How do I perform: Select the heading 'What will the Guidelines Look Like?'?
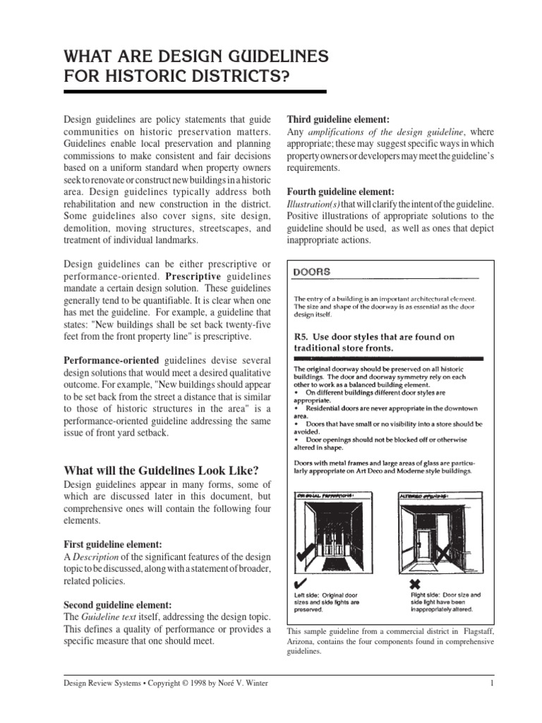(x=161, y=471)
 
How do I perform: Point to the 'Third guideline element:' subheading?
(x=337, y=119)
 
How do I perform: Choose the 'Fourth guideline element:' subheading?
(x=341, y=191)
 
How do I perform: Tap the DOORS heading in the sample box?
(x=311, y=271)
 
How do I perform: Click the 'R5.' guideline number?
(x=302, y=337)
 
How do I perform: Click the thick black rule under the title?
(x=195, y=92)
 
